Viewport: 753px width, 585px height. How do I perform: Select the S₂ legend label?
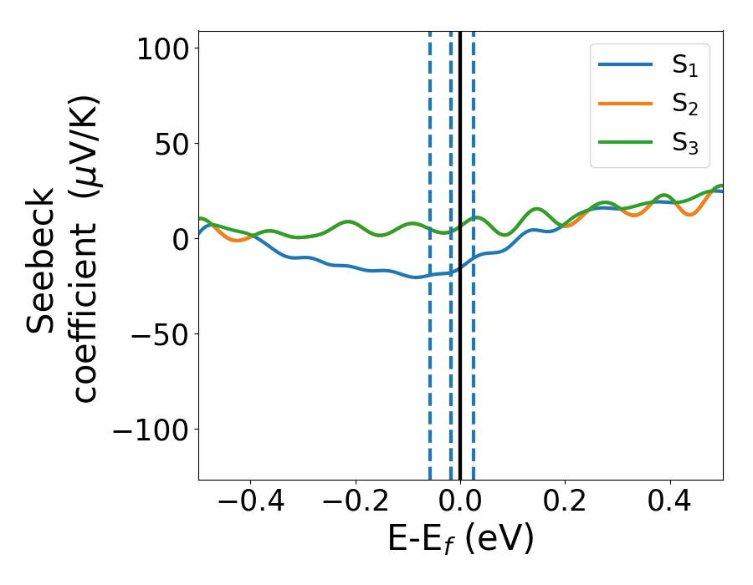click(684, 104)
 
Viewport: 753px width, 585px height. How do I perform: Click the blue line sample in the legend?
click(625, 65)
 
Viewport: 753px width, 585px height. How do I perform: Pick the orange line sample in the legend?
click(625, 104)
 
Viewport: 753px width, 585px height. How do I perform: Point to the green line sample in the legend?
click(625, 142)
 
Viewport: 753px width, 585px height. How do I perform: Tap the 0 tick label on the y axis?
click(182, 239)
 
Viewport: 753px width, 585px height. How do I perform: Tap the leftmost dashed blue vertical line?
click(430, 376)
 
